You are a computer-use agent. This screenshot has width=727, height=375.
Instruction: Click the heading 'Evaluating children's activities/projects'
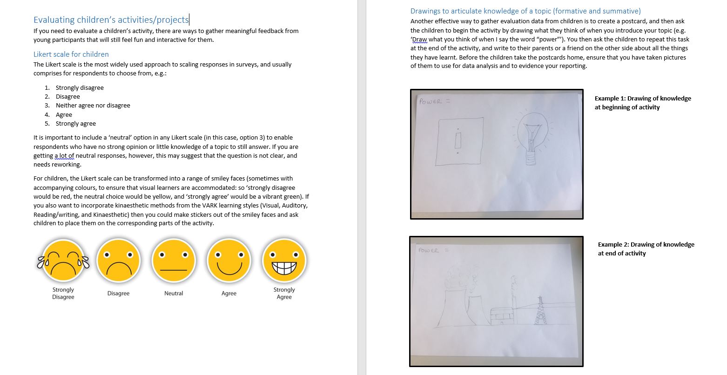pyautogui.click(x=111, y=20)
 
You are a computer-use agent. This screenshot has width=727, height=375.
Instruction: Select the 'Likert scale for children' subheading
pyautogui.click(x=71, y=54)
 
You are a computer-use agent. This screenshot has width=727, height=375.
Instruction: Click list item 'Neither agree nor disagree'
pyautogui.click(x=93, y=105)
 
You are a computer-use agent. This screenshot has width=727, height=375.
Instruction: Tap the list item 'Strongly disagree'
pyautogui.click(x=80, y=87)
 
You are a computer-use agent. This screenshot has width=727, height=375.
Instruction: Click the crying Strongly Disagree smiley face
pyautogui.click(x=63, y=261)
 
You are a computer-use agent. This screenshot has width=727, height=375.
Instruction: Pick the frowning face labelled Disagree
pyautogui.click(x=118, y=261)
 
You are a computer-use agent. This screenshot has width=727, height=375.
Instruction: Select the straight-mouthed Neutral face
pyautogui.click(x=174, y=261)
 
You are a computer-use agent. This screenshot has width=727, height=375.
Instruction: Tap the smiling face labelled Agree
pyautogui.click(x=229, y=261)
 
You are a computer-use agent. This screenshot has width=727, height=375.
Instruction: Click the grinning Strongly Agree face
pyautogui.click(x=284, y=261)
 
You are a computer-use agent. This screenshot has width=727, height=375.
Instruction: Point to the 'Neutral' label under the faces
pyautogui.click(x=174, y=293)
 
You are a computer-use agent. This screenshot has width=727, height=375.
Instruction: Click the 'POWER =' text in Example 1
pyautogui.click(x=433, y=101)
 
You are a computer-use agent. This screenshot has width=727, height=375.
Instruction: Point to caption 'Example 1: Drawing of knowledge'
pyautogui.click(x=642, y=98)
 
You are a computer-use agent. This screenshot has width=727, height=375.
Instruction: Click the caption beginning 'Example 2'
pyautogui.click(x=646, y=244)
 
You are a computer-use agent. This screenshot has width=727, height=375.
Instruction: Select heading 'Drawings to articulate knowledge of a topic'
pyautogui.click(x=525, y=11)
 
